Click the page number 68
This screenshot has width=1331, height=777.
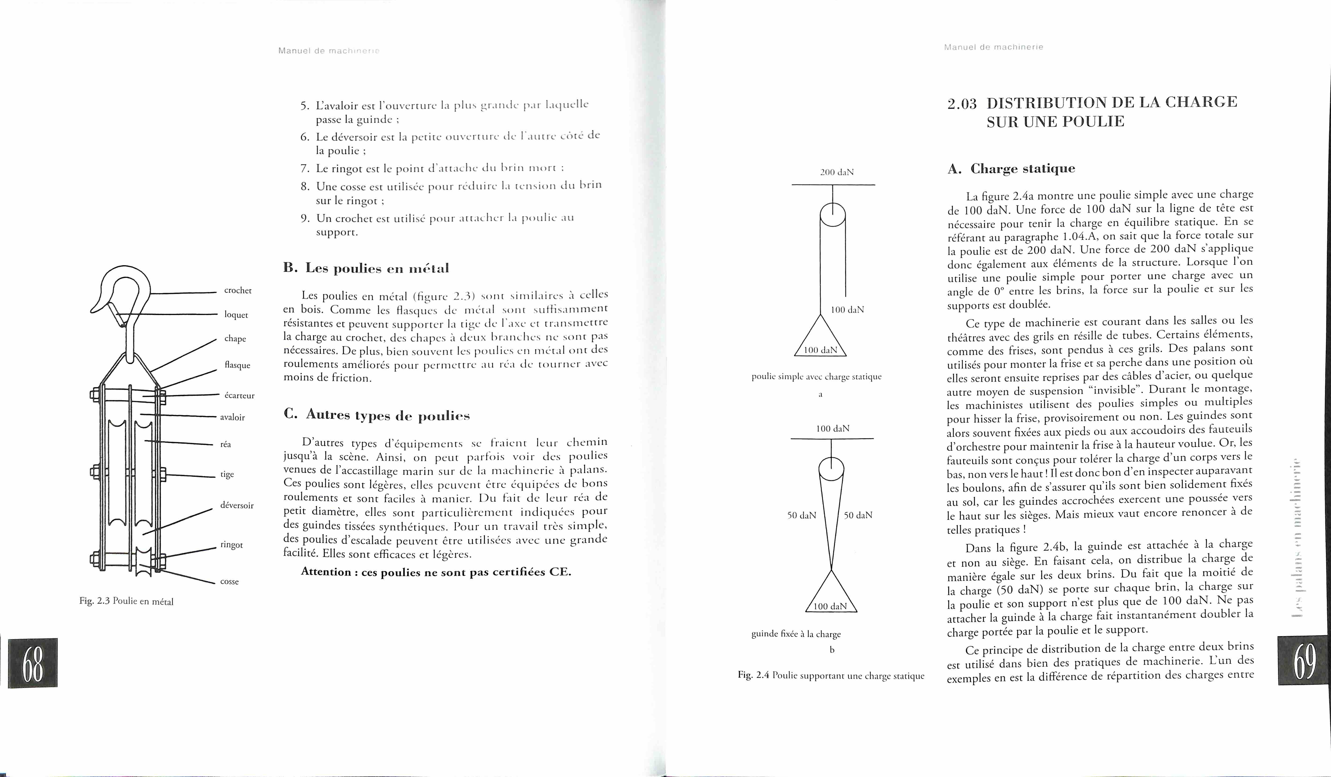[33, 663]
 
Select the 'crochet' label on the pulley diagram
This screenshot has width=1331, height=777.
[238, 290]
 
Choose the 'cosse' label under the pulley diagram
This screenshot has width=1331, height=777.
[229, 581]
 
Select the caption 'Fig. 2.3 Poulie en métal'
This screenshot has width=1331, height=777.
[126, 601]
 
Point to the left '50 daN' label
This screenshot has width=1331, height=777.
[801, 515]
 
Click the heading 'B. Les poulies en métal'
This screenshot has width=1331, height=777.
[366, 268]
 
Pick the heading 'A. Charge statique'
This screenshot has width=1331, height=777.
[1011, 169]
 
